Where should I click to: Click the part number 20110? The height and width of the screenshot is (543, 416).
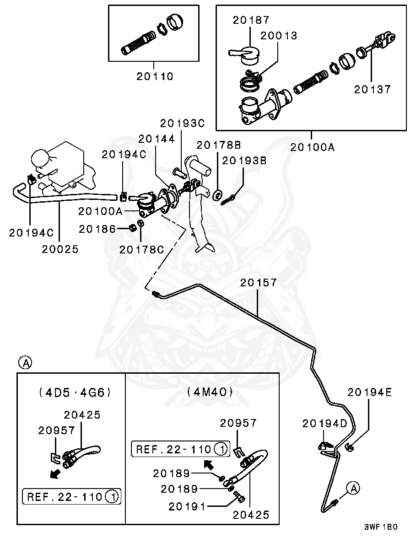[155, 76]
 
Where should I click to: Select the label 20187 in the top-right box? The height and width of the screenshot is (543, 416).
[251, 20]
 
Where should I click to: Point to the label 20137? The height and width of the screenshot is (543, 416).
[372, 89]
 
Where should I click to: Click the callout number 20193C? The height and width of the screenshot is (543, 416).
[182, 123]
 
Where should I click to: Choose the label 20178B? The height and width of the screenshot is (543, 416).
[218, 145]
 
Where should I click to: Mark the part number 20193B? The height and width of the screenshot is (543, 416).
[244, 161]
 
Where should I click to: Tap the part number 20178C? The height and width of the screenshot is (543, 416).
[141, 249]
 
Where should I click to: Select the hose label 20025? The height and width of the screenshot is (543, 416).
[60, 249]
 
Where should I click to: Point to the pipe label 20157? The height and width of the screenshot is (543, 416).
[259, 283]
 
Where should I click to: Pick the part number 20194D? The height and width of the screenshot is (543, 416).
[325, 424]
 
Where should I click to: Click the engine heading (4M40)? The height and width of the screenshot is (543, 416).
[210, 392]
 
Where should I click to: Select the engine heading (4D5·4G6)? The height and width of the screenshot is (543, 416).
[75, 392]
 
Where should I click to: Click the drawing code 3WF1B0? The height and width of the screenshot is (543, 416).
[381, 527]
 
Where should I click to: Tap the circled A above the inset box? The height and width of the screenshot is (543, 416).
[25, 363]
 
